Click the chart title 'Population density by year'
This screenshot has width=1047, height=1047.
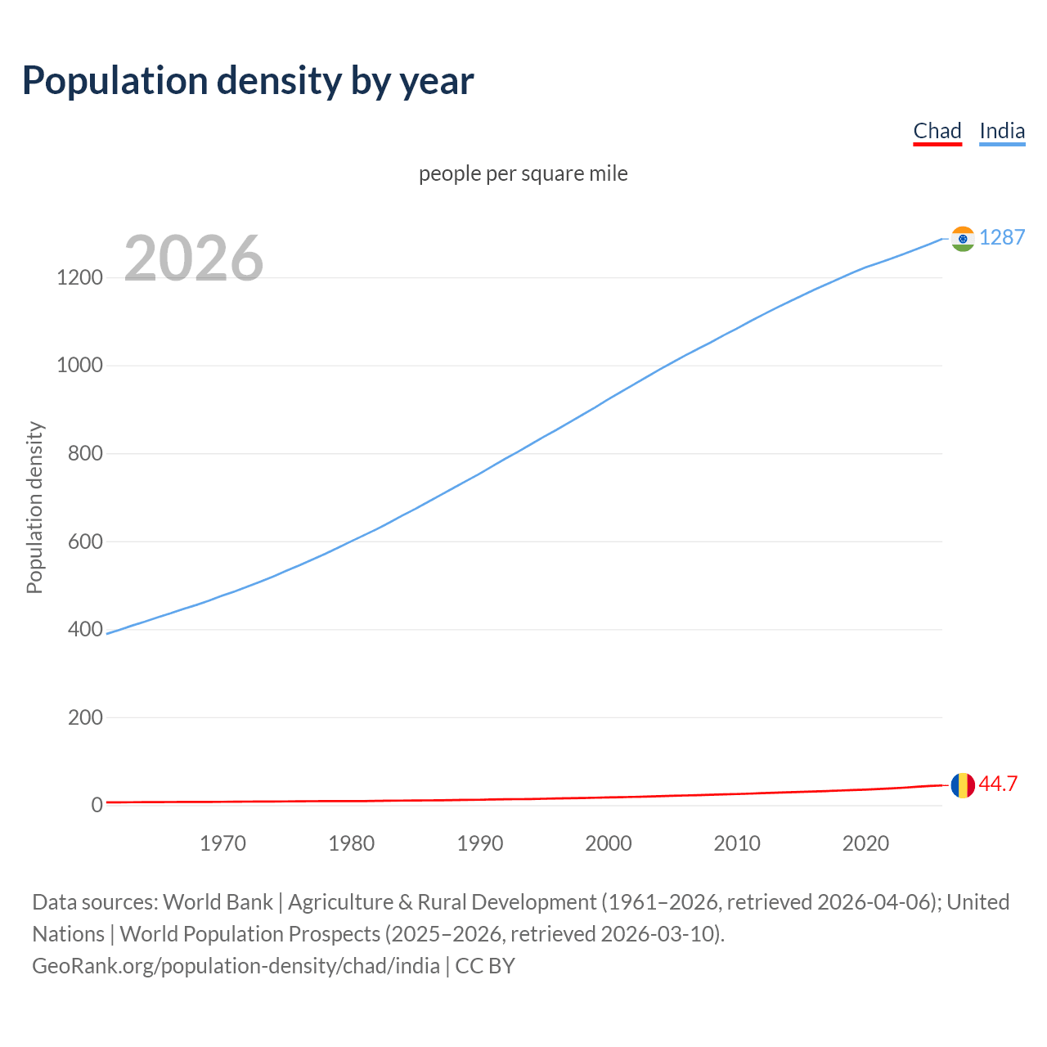tap(248, 81)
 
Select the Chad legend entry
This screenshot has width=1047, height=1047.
tap(937, 131)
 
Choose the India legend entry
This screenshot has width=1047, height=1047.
tap(1002, 131)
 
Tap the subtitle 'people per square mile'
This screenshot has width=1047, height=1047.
tap(523, 174)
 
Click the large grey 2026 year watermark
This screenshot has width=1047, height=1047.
tap(194, 258)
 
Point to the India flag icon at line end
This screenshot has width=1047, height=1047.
tap(963, 239)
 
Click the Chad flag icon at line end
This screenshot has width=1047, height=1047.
tap(963, 785)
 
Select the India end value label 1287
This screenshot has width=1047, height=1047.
tap(1002, 237)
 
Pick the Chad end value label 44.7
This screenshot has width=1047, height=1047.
tap(998, 784)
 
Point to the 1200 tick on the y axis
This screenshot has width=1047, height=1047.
tap(79, 278)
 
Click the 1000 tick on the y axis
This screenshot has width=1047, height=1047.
tap(79, 366)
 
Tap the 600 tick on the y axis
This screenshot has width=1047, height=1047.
tap(85, 541)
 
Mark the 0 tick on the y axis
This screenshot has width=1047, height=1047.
tap(97, 806)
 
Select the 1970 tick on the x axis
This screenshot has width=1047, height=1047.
tap(222, 843)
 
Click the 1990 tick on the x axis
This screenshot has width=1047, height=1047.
tap(480, 843)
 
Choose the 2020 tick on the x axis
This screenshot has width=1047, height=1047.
tap(865, 843)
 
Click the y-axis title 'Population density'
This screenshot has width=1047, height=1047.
tap(34, 507)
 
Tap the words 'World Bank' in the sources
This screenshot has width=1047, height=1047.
tap(218, 902)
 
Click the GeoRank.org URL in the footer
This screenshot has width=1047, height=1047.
tap(236, 966)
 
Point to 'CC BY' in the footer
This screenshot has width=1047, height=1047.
tap(485, 966)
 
